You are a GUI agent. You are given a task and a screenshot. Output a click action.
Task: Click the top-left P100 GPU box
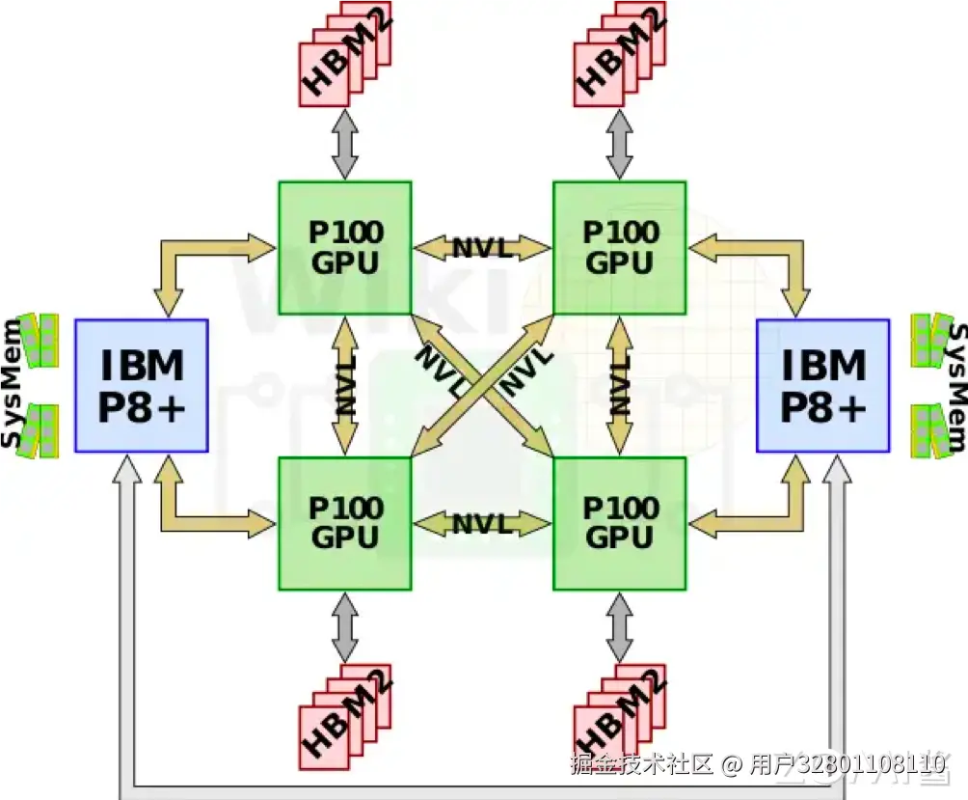point(344,247)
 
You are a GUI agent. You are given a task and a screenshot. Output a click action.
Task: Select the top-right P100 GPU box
point(619,247)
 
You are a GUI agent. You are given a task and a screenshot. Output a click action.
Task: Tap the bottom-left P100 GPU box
point(344,523)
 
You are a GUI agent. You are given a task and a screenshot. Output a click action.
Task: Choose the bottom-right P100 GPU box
point(619,523)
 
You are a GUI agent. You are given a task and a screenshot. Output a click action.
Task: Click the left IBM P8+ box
point(142,385)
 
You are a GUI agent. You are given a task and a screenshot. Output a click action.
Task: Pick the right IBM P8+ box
point(822,385)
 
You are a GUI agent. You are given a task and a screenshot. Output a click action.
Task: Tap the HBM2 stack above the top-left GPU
point(345,58)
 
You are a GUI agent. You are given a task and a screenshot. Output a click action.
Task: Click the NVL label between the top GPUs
point(482,248)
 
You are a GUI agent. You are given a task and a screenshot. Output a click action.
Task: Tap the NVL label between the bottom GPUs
point(482,524)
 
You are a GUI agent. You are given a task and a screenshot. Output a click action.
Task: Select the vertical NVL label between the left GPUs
point(345,386)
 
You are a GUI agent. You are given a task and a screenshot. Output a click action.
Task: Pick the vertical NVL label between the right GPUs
point(620,386)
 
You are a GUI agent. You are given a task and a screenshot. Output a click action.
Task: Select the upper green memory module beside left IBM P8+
point(40,340)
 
